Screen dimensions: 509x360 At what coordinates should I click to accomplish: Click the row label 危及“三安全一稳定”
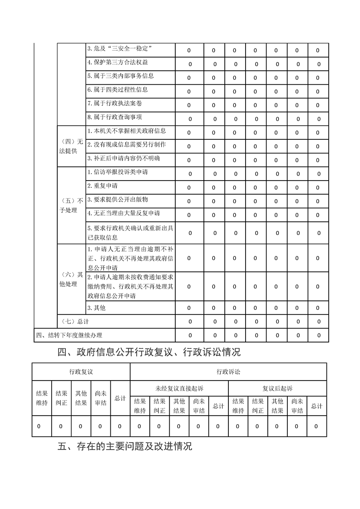[119, 49]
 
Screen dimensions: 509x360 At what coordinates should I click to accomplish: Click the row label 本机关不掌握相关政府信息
[126, 131]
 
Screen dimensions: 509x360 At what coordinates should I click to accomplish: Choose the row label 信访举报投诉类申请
[117, 172]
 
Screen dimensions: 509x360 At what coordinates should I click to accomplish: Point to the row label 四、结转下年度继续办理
[69, 335]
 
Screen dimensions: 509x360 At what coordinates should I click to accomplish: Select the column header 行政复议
[81, 372]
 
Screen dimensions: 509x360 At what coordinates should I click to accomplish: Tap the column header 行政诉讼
[228, 372]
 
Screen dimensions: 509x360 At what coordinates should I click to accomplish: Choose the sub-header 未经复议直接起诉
[179, 388]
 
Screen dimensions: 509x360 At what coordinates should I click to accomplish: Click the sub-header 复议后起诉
[277, 388]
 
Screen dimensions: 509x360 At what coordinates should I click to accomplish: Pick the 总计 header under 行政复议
[120, 398]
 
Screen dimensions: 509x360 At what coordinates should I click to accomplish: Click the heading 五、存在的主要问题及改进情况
[125, 446]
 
